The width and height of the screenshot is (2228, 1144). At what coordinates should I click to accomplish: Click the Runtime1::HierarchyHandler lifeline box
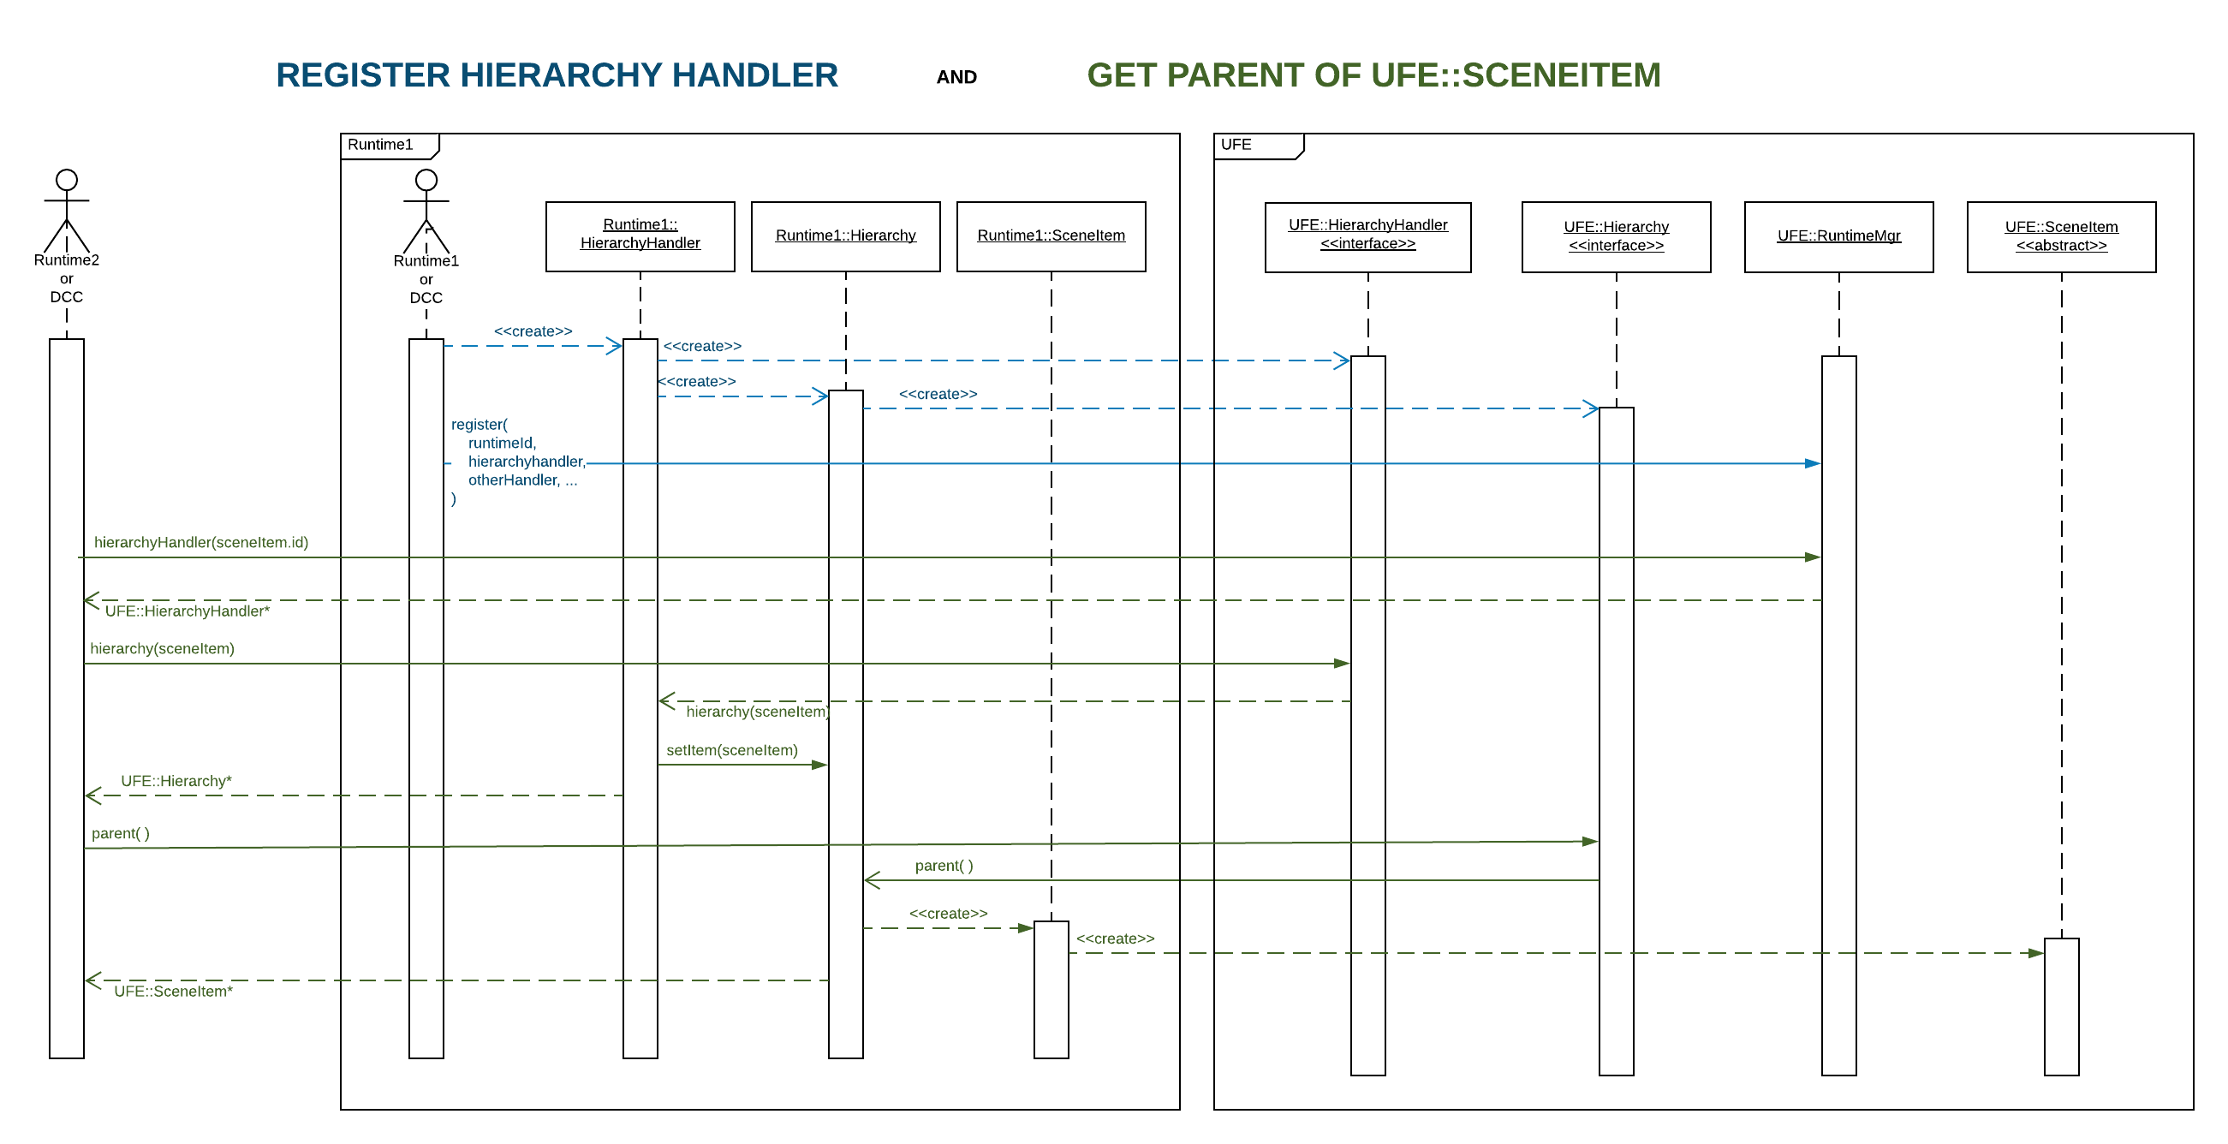pyautogui.click(x=640, y=236)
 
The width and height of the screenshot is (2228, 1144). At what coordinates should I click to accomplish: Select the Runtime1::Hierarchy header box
pyautogui.click(x=845, y=236)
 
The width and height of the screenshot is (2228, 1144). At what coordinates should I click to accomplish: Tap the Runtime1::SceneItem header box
pyautogui.click(x=1051, y=236)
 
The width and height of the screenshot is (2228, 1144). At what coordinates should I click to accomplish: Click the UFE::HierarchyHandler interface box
pyautogui.click(x=1367, y=237)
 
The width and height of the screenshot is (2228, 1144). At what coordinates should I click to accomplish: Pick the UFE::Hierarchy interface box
pyautogui.click(x=1616, y=237)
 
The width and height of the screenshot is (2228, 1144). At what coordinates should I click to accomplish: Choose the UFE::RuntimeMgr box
pyautogui.click(x=1838, y=237)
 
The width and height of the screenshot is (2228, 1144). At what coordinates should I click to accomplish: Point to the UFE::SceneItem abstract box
pyautogui.click(x=2061, y=237)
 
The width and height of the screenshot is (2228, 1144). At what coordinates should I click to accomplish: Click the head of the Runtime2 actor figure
pyautogui.click(x=67, y=180)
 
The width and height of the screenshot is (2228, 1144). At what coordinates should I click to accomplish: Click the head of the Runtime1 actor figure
pyautogui.click(x=426, y=180)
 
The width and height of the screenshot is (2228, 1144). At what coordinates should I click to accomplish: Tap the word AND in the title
pyautogui.click(x=956, y=77)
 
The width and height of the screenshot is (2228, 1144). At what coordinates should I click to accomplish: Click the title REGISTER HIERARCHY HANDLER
pyautogui.click(x=557, y=75)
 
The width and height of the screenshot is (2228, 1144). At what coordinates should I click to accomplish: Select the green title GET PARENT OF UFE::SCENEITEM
pyautogui.click(x=1373, y=75)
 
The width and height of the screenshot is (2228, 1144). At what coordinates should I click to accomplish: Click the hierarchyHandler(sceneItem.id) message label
pyautogui.click(x=200, y=542)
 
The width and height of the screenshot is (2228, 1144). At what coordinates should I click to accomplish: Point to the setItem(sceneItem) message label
pyautogui.click(x=732, y=750)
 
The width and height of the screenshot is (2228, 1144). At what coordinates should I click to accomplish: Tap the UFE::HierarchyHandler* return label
pyautogui.click(x=188, y=611)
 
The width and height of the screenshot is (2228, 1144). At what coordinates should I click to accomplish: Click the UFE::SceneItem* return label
pyautogui.click(x=173, y=991)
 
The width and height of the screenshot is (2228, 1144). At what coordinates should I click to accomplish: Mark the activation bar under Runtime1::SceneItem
pyautogui.click(x=1051, y=989)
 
